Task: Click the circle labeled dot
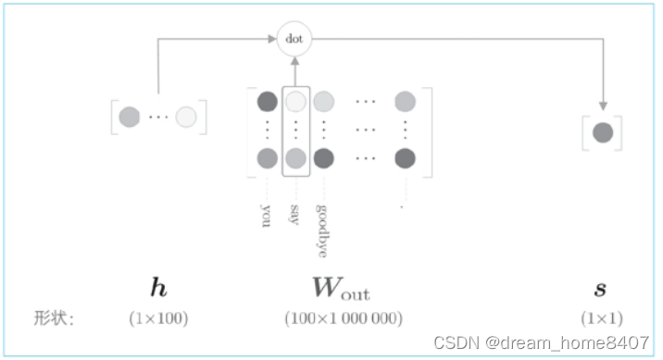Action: pos(294,39)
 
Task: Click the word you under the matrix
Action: pos(266,216)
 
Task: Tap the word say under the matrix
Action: pos(294,215)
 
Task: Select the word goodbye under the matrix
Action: pos(322,230)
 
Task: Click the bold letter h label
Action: pos(158,287)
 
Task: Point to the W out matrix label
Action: pos(341,288)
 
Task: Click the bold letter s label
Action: pos(600,289)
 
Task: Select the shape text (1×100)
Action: pos(158,318)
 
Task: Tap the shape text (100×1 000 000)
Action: pos(344,318)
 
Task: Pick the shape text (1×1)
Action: pos(602,318)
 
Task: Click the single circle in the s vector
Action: pos(603,132)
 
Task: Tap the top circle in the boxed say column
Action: pos(295,102)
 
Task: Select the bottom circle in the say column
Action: pos(295,158)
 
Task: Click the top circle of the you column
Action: pos(268,102)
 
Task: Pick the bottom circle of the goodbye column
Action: pos(324,158)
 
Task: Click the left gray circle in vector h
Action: pos(130,117)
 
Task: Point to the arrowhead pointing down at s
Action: pos(603,106)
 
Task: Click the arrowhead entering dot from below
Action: pos(294,61)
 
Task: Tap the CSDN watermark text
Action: pos(541,342)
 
